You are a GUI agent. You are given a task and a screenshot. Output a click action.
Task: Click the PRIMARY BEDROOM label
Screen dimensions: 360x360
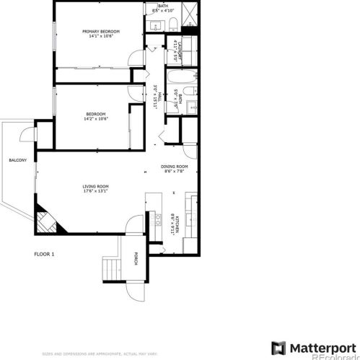[x=100, y=31]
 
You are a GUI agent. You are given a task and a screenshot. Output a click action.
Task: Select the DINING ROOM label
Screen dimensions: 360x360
[x=174, y=167]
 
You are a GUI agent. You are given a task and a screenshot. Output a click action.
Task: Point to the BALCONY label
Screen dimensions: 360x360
[x=17, y=160]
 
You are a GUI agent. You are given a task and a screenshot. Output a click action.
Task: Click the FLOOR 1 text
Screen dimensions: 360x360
[x=45, y=254]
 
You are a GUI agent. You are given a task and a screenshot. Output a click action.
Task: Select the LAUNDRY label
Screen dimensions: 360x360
[x=178, y=51]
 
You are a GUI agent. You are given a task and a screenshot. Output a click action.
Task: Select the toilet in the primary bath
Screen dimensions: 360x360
[x=174, y=26]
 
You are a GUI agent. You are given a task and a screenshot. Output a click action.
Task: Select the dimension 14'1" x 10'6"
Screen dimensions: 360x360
[x=100, y=36]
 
